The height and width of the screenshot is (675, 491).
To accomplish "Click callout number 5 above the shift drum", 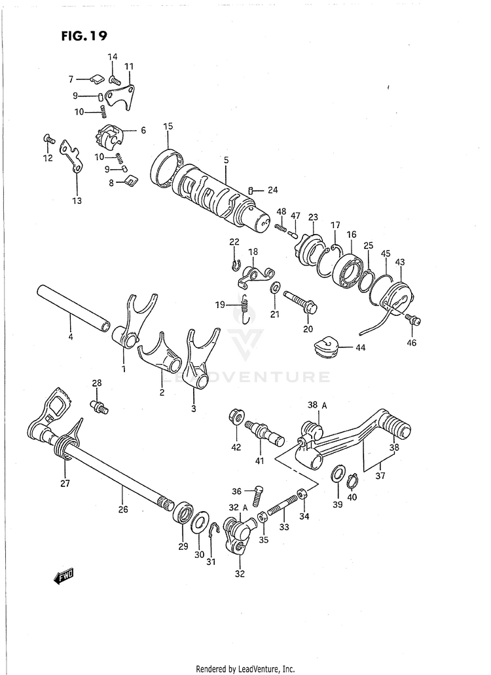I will point(225,159).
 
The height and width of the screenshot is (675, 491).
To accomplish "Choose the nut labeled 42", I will point(236,417).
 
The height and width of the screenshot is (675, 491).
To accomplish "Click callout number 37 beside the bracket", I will point(380,476).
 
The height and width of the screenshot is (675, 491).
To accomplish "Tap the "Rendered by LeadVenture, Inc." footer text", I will point(245,668).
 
